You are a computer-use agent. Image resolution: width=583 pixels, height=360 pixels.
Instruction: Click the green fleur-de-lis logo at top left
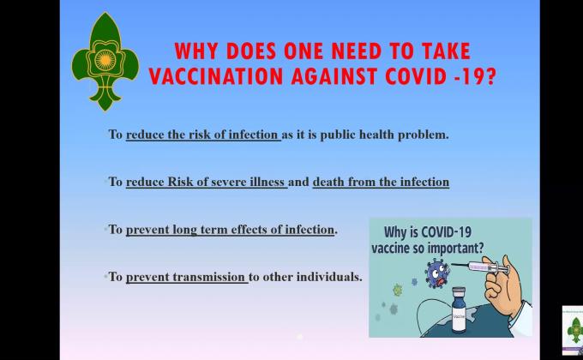[105, 62]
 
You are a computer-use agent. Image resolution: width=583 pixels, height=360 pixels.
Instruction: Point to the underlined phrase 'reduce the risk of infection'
[202, 135]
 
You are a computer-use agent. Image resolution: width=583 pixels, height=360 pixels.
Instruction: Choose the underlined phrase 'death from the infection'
[381, 182]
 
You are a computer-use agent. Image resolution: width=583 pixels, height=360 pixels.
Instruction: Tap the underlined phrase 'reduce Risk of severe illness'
[205, 182]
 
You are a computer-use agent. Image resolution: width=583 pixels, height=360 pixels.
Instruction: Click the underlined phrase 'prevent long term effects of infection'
[230, 230]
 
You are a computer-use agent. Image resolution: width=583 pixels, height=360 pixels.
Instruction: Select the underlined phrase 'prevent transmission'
[186, 277]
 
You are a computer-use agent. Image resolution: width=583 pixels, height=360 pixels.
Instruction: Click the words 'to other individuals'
[305, 277]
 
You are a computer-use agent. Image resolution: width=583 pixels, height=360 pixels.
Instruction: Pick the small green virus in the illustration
[397, 290]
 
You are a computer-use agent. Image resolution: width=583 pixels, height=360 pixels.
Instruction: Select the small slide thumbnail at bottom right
[573, 330]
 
